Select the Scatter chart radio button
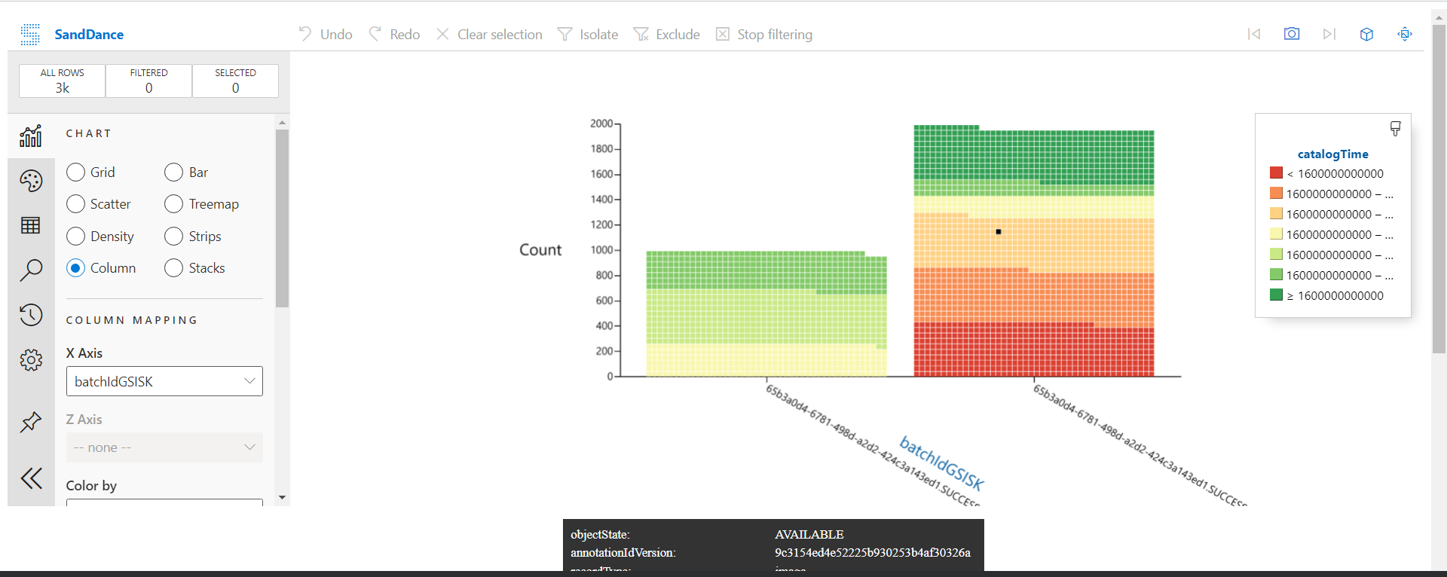coord(75,204)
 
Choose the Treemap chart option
coord(173,204)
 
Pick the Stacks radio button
coord(173,268)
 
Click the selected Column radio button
coord(75,268)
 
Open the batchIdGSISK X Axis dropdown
coord(164,381)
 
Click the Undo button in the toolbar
coord(326,35)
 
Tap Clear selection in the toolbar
coord(490,35)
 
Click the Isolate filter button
coord(588,35)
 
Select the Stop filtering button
coord(764,35)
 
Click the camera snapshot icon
coord(1292,34)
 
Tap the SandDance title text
coord(89,35)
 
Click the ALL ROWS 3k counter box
coord(63,81)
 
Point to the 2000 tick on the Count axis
coord(601,124)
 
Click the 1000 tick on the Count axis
coord(601,250)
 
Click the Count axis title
coord(540,250)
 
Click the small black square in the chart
coord(999,232)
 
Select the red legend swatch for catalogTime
coord(1276,173)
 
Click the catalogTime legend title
coord(1332,154)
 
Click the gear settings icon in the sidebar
coord(31,360)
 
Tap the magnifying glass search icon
coord(31,270)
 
